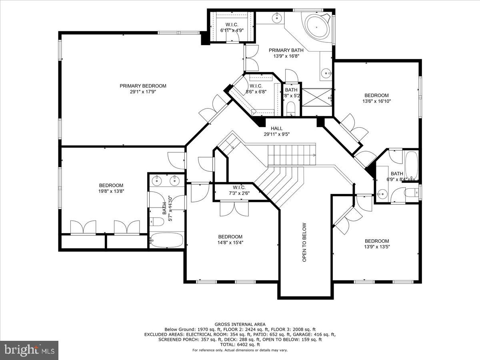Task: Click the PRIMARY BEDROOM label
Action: [143, 86]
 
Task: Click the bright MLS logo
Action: [29, 350]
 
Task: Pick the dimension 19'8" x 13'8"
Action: [111, 191]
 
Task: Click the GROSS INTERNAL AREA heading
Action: [240, 324]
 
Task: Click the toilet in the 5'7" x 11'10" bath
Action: [157, 221]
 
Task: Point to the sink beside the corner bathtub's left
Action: [277, 18]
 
